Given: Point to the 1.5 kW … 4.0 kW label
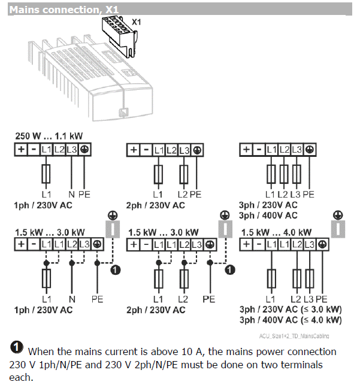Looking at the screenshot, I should [276, 232].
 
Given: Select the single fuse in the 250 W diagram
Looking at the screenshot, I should [46, 174].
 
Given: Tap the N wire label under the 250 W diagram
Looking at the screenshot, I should [71, 194].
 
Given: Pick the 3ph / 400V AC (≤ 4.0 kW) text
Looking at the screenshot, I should [291, 320].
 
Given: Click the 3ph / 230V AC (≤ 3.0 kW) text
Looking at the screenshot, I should [291, 310].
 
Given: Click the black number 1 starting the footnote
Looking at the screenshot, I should [17, 348].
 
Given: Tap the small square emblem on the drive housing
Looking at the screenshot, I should [123, 111].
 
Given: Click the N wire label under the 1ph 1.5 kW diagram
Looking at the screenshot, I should [71, 298].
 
